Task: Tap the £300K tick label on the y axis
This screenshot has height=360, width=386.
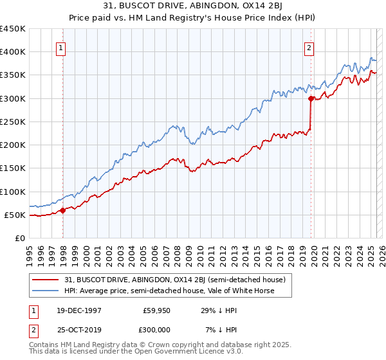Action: pos(12,98)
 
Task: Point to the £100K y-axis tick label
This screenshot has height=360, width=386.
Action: pos(12,192)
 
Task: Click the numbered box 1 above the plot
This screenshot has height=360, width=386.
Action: pos(60,47)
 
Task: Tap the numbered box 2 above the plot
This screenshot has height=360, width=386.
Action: pos(309,47)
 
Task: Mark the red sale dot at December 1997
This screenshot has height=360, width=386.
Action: pos(63,210)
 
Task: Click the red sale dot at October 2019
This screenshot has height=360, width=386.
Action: pos(311,98)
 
